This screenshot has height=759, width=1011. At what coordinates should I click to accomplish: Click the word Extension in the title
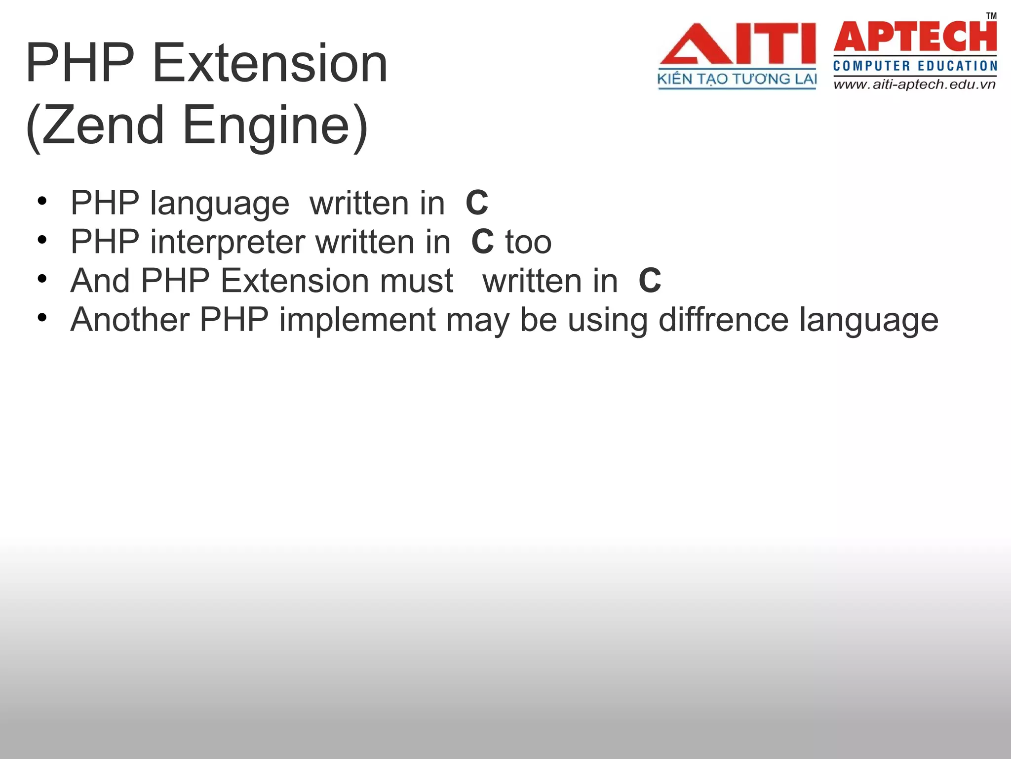click(270, 64)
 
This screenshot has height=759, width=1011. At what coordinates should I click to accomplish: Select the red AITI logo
click(737, 44)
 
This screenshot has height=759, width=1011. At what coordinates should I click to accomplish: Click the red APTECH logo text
click(915, 37)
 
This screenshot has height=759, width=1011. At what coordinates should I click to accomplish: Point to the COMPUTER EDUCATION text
click(915, 66)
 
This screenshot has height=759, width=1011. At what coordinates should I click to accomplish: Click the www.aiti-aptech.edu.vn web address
click(915, 84)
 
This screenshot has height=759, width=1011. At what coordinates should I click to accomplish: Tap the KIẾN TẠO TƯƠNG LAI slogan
click(737, 79)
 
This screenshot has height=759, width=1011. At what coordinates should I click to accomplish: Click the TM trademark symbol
click(991, 16)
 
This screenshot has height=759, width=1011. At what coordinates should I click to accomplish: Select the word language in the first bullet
click(219, 203)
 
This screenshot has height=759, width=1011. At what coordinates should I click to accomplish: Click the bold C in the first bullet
click(476, 203)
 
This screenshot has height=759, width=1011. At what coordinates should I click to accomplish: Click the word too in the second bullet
click(528, 242)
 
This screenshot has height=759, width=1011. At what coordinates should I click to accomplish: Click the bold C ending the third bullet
click(649, 281)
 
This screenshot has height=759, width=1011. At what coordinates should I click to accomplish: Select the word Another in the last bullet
click(130, 320)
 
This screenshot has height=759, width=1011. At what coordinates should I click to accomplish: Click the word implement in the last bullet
click(357, 320)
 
